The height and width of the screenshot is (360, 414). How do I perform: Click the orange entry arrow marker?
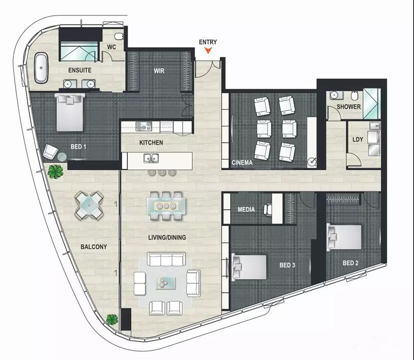[x=209, y=50]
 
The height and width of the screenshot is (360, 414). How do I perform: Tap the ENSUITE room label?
[x=80, y=70]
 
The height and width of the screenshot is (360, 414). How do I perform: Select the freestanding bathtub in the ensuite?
[x=41, y=68]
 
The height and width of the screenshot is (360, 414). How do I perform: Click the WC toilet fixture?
[x=120, y=36]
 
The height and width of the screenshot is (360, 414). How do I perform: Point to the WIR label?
[x=159, y=71]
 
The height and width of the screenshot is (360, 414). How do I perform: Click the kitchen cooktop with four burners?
[x=144, y=126]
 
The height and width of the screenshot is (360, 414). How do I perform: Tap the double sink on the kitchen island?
[x=151, y=159]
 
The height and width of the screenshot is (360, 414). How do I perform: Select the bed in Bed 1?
[x=70, y=112]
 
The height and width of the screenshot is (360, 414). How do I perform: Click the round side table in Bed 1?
[x=62, y=157]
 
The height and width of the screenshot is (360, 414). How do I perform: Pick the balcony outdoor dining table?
[x=89, y=205]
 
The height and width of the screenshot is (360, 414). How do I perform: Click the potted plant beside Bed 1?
[x=55, y=171]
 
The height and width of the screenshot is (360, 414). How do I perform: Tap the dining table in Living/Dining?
[x=166, y=206]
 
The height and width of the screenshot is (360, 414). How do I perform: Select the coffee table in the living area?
[x=166, y=283]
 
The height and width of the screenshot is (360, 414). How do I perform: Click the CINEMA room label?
[x=242, y=163]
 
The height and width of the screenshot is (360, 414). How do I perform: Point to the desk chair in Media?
[x=268, y=210]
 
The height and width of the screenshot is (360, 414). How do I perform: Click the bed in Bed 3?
[x=249, y=267]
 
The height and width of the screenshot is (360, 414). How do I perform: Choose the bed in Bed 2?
[x=344, y=237]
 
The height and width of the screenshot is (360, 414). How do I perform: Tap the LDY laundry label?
[x=358, y=139]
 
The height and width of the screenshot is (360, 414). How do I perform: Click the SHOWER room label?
[x=348, y=107]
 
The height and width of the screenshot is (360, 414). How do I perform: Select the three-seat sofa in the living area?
[x=166, y=260]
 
